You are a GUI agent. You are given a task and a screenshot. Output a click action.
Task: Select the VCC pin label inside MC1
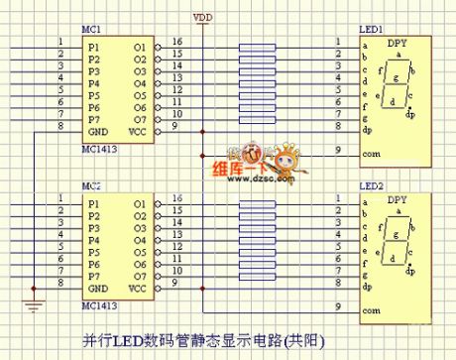139,130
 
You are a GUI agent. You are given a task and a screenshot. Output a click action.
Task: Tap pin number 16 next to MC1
176,42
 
